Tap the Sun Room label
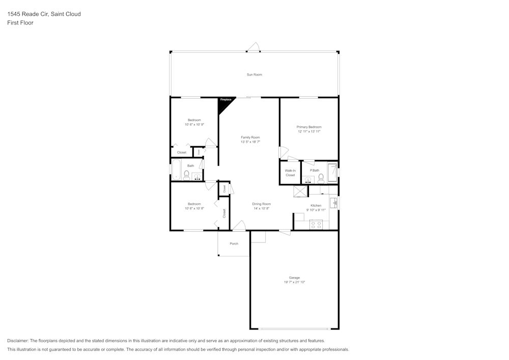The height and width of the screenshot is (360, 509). pos(254,75)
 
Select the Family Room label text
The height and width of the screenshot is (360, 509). pos(250,137)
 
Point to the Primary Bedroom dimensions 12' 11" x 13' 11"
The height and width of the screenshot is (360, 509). pos(309,131)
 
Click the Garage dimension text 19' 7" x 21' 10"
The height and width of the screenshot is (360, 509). pos(294,282)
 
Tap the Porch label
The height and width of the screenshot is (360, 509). pos(234,244)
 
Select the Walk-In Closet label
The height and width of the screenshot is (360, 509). pos(290,173)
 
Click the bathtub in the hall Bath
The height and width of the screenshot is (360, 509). pos(176,171)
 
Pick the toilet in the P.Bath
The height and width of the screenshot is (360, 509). pos(321,178)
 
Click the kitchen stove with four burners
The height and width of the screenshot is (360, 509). pos(316,224)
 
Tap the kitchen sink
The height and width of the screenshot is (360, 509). pos(334,203)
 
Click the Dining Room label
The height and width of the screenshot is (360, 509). pos(261,204)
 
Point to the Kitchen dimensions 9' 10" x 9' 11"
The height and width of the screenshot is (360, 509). pos(316,210)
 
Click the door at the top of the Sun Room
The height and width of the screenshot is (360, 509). pos(253,49)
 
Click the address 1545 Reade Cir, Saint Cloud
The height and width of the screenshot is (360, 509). pos(44,14)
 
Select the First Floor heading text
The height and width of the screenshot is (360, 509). pos(20,23)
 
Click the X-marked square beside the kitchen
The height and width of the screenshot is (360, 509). pos(300,191)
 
